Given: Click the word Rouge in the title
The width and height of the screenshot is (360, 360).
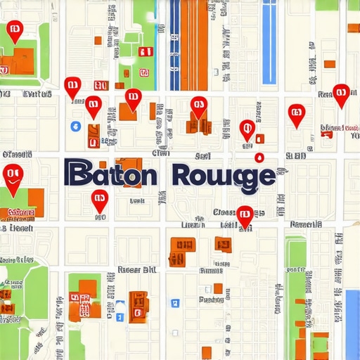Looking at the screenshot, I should coord(224,174).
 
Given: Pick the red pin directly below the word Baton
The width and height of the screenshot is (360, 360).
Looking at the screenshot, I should coord(99,200).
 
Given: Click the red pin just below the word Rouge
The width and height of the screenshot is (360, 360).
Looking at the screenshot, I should coord(244,216).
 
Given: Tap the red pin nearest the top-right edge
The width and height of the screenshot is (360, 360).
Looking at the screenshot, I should coord(341,94).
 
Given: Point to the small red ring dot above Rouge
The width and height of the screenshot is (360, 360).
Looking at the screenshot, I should coord(259,157).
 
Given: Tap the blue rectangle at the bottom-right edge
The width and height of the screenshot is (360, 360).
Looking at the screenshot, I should coord(352,323).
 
